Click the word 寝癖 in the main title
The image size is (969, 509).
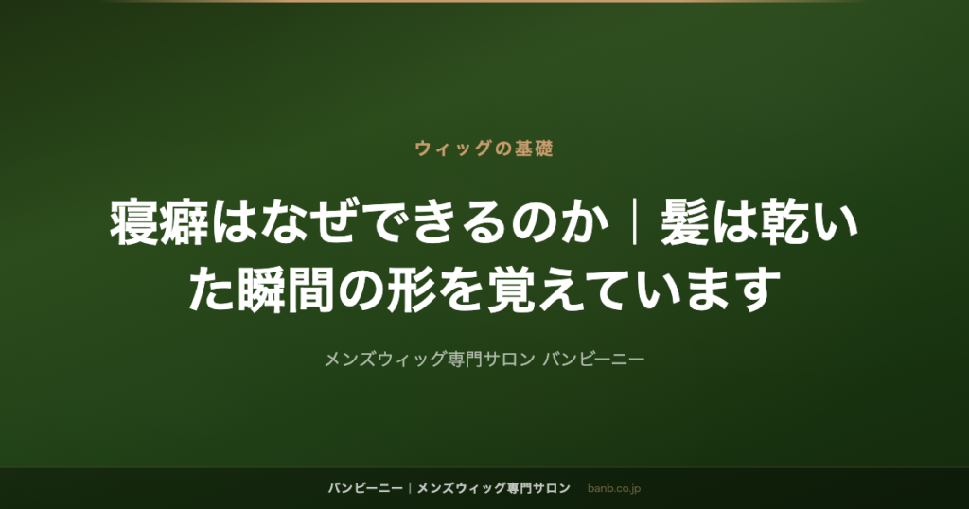[x=159, y=222]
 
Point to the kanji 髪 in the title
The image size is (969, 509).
[x=685, y=222]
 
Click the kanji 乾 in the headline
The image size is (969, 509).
[x=784, y=222]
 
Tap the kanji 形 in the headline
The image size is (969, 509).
[x=411, y=290]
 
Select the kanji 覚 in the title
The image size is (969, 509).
[x=511, y=290]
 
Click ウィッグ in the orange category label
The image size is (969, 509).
[x=453, y=149]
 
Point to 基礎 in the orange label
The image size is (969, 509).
[x=534, y=149]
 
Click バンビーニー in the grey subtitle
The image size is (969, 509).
[x=593, y=359]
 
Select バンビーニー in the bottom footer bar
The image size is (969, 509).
[x=365, y=488]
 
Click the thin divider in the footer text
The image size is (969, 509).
[x=410, y=488]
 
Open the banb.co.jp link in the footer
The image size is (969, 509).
[x=613, y=489]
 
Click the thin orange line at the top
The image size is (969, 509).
[x=484, y=1]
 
